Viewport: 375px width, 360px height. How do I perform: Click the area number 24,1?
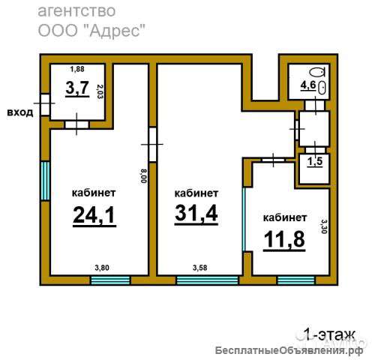(94, 215)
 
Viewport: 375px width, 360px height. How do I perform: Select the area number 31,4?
(196, 213)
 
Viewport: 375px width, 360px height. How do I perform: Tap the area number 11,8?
(284, 238)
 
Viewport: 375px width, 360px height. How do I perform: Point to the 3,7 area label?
(77, 88)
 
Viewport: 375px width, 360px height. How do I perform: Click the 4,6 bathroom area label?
(308, 85)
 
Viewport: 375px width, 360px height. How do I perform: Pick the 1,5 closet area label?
(315, 162)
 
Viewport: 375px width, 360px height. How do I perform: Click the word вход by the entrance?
(20, 112)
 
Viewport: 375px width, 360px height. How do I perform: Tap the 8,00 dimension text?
(144, 175)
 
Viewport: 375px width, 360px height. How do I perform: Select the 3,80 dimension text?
(102, 268)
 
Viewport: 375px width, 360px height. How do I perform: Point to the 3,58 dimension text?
(200, 268)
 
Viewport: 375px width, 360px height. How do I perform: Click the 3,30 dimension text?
(324, 226)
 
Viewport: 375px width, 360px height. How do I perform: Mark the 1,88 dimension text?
(77, 69)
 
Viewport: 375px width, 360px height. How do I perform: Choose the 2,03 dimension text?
(100, 91)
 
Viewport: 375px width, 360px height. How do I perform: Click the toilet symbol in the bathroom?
(317, 73)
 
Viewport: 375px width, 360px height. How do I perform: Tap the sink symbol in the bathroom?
(322, 88)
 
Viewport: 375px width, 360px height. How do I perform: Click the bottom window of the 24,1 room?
(110, 280)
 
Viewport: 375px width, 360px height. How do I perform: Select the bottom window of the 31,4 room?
(207, 280)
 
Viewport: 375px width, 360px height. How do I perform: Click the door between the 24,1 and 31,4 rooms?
(152, 145)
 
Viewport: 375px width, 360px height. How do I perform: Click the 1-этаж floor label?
(329, 334)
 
